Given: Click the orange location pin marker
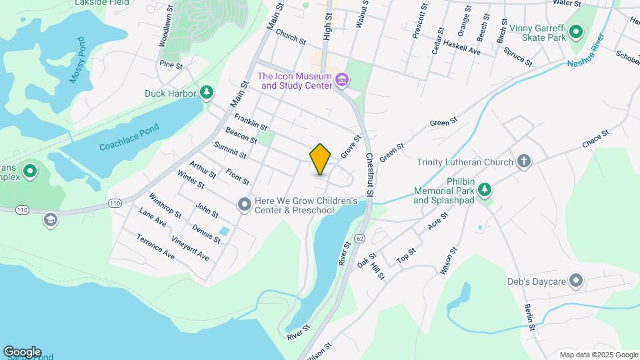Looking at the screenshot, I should (320, 159).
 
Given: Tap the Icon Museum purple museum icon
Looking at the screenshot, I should (342, 81).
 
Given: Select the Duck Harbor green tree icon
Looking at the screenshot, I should (207, 93).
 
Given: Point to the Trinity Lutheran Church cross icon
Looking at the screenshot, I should (524, 161).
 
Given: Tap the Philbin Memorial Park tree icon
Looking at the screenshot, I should (485, 190).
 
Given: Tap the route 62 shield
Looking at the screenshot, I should (361, 238).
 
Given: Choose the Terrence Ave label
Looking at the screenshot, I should (155, 247).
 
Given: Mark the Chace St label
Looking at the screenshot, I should (595, 139).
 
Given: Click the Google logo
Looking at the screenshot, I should (22, 352).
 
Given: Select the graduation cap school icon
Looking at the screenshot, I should (50, 219).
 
